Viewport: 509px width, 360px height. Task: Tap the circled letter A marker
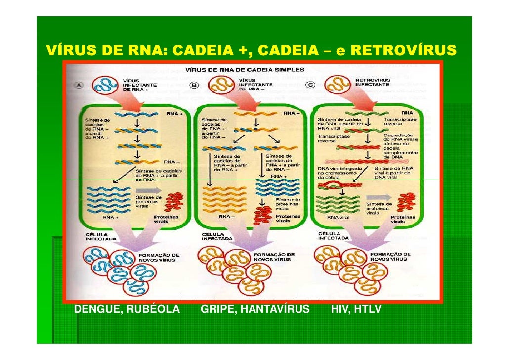[x=79, y=85]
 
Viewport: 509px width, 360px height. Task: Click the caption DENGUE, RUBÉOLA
[x=127, y=310]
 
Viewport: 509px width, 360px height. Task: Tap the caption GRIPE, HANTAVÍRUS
[x=255, y=310]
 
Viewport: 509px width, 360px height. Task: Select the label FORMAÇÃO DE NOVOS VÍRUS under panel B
[x=274, y=257]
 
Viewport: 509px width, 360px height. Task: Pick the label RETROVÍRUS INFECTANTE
[x=373, y=82]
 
